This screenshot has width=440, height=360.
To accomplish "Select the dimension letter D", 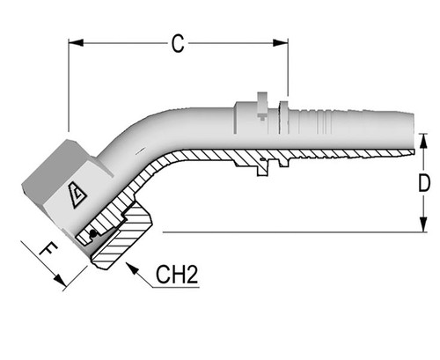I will [423, 183].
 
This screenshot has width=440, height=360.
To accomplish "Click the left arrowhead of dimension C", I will [74, 41].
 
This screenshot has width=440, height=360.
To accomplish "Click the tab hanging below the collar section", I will [263, 168].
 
